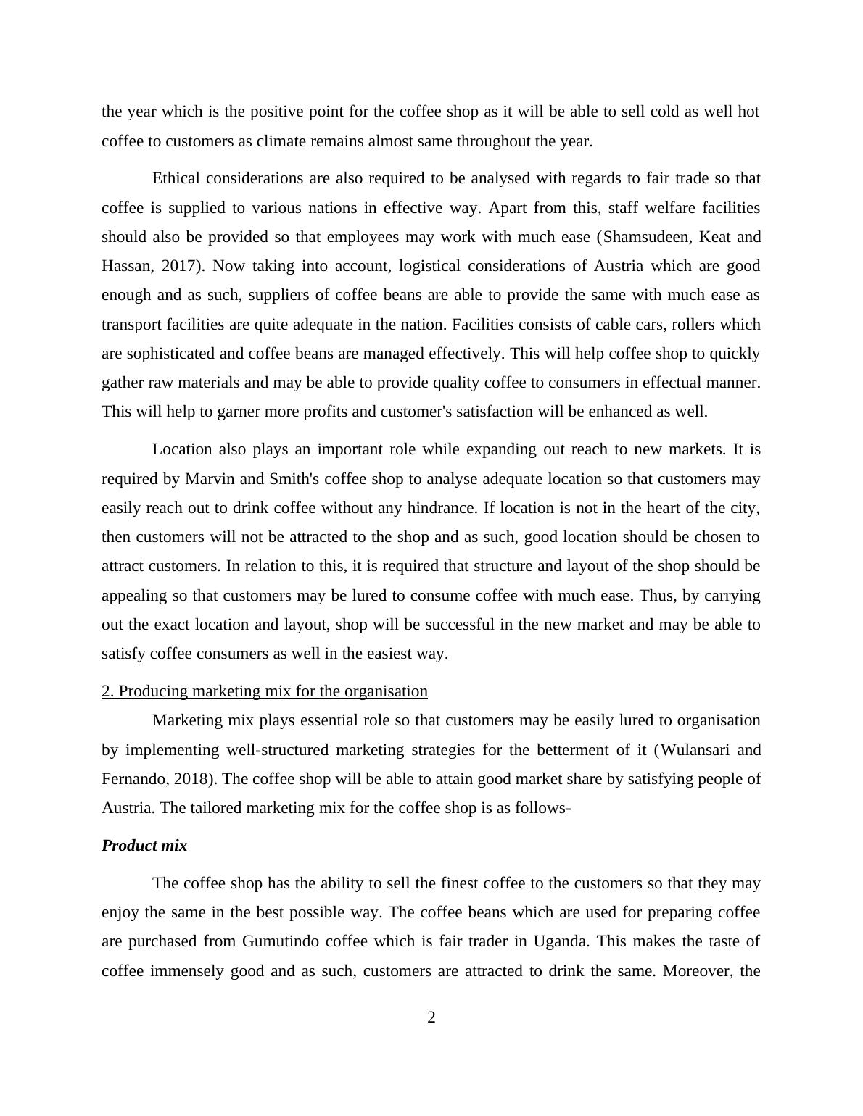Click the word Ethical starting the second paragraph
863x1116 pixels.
point(176,178)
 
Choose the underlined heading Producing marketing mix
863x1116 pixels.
point(265,691)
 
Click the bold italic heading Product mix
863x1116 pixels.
point(144,846)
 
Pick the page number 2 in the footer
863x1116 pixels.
point(431,1018)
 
